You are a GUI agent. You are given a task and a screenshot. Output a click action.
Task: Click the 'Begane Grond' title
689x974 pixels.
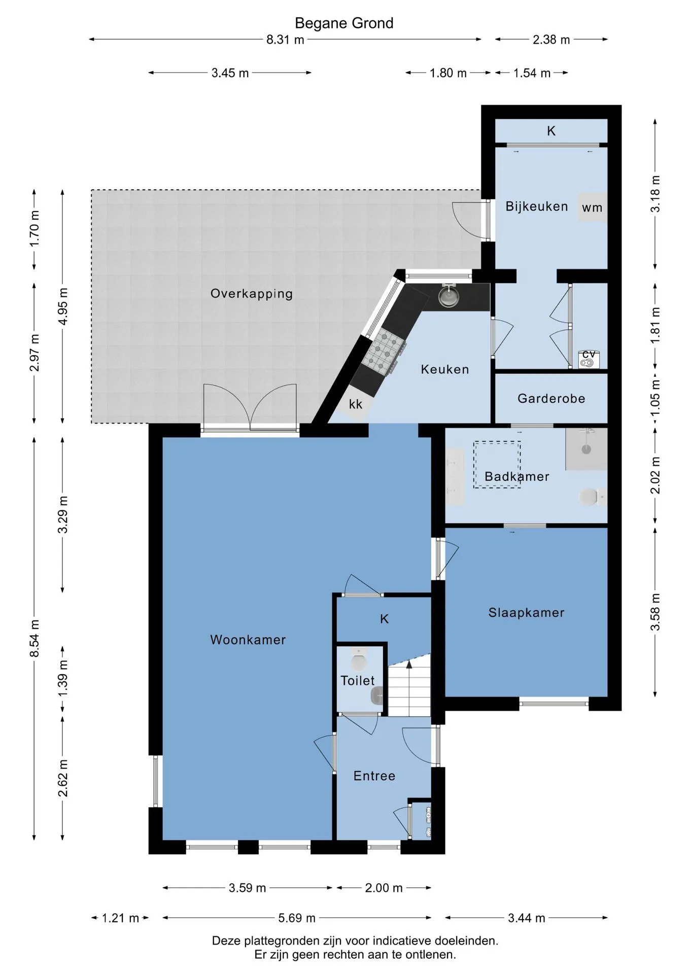click(344, 23)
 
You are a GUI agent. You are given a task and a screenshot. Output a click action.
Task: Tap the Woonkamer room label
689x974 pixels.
click(248, 640)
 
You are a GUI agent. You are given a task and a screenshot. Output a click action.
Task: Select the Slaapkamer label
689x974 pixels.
click(526, 613)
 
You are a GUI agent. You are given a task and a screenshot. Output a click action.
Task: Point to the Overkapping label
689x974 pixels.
click(252, 294)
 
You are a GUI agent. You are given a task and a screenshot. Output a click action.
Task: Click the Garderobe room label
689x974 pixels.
click(552, 399)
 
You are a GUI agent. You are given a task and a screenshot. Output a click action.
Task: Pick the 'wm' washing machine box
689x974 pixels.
click(592, 207)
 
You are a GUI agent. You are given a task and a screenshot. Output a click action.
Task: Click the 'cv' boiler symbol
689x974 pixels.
click(589, 358)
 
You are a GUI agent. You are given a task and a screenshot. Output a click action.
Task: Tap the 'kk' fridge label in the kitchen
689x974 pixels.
click(356, 404)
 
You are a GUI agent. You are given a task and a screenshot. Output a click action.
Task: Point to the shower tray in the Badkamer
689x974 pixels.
click(587, 448)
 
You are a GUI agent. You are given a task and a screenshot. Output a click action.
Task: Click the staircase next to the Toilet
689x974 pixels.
click(409, 685)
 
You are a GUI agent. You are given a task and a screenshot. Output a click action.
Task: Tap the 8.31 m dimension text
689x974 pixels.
click(285, 40)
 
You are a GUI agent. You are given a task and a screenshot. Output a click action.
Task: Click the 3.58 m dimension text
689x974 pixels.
click(656, 612)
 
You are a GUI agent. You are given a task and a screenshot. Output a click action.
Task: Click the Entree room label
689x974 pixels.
click(374, 776)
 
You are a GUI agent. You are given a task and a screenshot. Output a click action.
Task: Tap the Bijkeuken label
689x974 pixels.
click(537, 206)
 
